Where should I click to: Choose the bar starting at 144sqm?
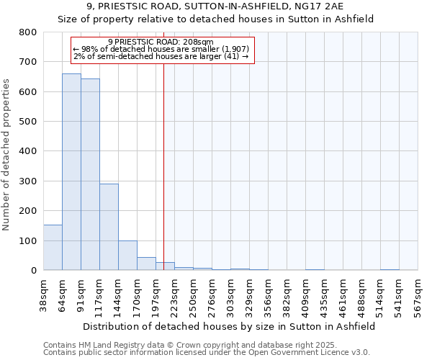pyautogui.click(x=127, y=255)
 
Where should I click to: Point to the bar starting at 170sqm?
pyautogui.click(x=146, y=264)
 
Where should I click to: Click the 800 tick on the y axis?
pyautogui.click(x=27, y=32)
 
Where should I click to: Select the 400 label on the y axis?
pyautogui.click(x=27, y=151)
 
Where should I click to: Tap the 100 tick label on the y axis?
pyautogui.click(x=27, y=240)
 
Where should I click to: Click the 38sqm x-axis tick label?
pyautogui.click(x=43, y=293)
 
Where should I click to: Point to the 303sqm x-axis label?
pyautogui.click(x=230, y=293)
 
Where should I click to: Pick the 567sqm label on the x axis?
pyautogui.click(x=418, y=293)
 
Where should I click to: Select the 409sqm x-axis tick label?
pyautogui.click(x=305, y=293)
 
